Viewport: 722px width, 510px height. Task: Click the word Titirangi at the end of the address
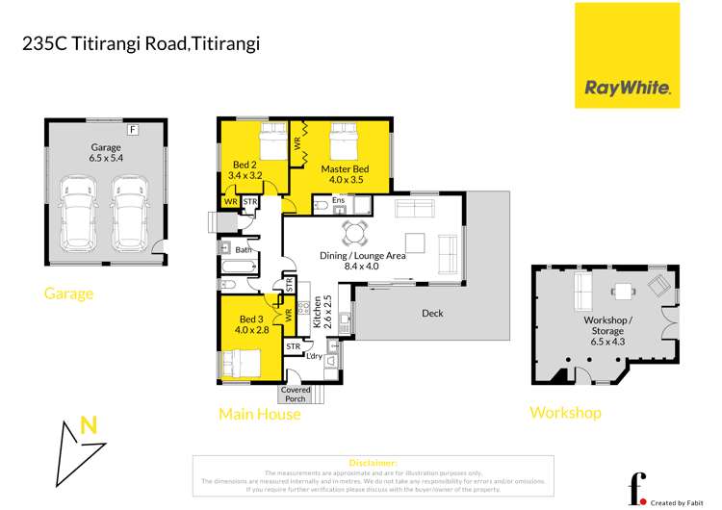[x=222, y=43]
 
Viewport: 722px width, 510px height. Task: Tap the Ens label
[x=339, y=202]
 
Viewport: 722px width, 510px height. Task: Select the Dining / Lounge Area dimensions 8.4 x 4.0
[x=363, y=268]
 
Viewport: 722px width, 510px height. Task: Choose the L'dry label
[x=313, y=356]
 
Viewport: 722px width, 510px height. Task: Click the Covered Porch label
[x=297, y=394]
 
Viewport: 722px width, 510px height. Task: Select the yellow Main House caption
[x=260, y=415]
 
